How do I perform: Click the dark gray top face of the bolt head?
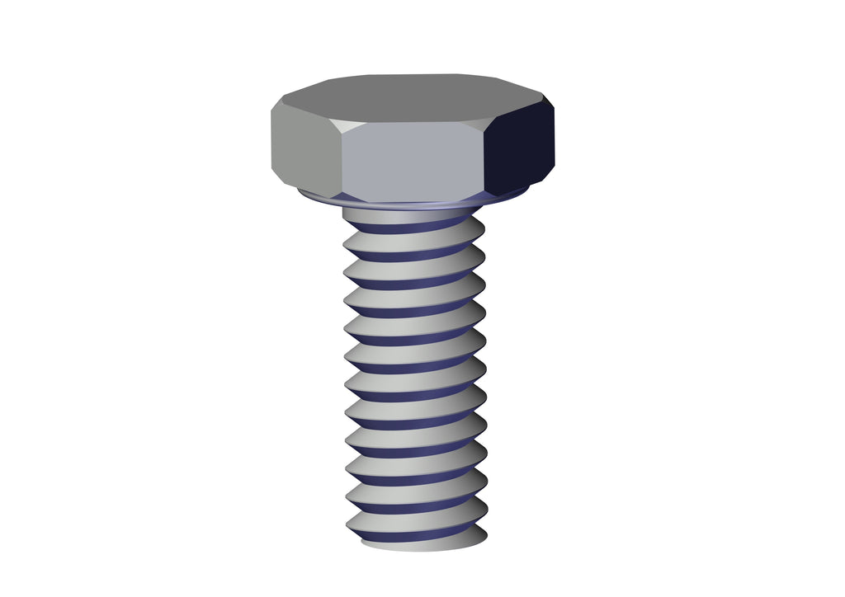(x=413, y=97)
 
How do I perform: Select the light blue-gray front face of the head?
(x=413, y=161)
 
